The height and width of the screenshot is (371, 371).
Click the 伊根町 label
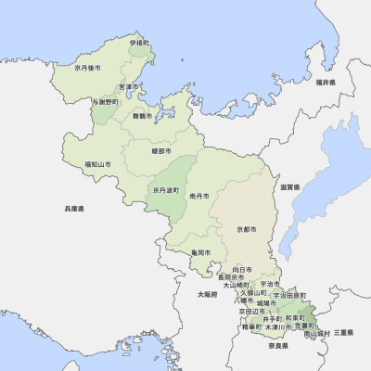[x=139, y=43]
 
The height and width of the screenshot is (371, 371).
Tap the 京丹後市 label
[x=88, y=68]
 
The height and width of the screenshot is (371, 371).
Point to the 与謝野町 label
[x=104, y=101]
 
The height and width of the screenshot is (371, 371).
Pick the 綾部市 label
[x=161, y=150]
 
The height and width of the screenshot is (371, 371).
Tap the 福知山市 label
[x=97, y=164]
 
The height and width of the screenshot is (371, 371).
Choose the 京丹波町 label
[x=166, y=190]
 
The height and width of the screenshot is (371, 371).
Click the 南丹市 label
[x=198, y=197]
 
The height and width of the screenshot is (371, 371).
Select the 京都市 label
[x=247, y=227]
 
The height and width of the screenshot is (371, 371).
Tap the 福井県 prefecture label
[x=325, y=83]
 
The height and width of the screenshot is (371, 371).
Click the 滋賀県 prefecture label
[x=289, y=186]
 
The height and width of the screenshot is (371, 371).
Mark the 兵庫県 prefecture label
[x=74, y=210]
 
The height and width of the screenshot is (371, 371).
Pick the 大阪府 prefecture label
[x=207, y=294]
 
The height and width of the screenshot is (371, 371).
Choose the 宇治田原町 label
[x=289, y=295]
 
